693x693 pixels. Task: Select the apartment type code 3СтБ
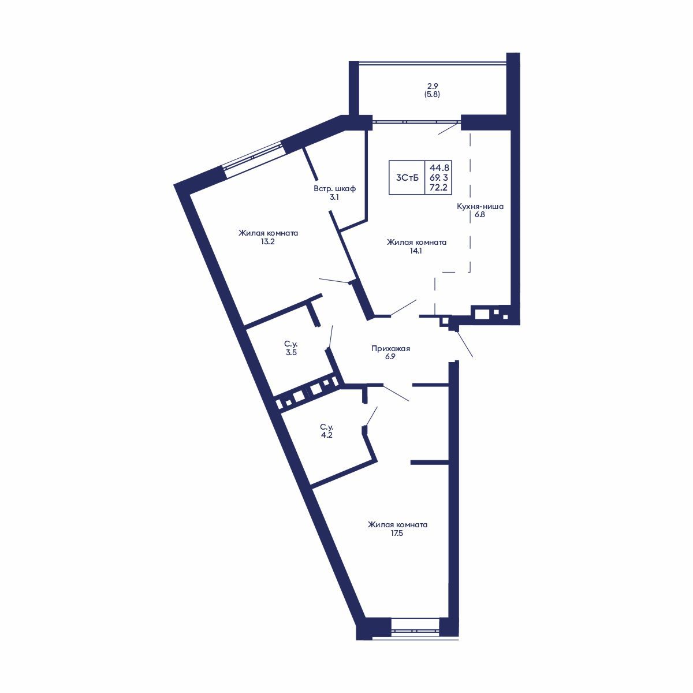(x=407, y=178)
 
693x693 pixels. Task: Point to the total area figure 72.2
(x=439, y=188)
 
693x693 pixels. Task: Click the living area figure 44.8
(x=439, y=167)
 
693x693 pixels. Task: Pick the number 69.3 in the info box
(x=439, y=177)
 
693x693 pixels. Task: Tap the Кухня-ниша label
(x=480, y=206)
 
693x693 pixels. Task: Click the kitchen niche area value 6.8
(x=480, y=214)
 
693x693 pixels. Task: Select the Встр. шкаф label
(x=334, y=188)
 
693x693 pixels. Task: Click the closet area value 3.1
(x=334, y=197)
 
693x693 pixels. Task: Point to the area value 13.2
(x=267, y=242)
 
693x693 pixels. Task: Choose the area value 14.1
(x=416, y=251)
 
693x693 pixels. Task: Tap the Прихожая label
(x=390, y=348)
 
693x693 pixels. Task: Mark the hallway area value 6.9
(x=390, y=357)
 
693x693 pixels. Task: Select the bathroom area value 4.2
(x=326, y=435)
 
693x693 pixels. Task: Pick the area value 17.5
(x=397, y=534)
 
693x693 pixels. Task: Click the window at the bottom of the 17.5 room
(x=415, y=625)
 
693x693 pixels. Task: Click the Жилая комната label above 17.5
(x=397, y=525)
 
